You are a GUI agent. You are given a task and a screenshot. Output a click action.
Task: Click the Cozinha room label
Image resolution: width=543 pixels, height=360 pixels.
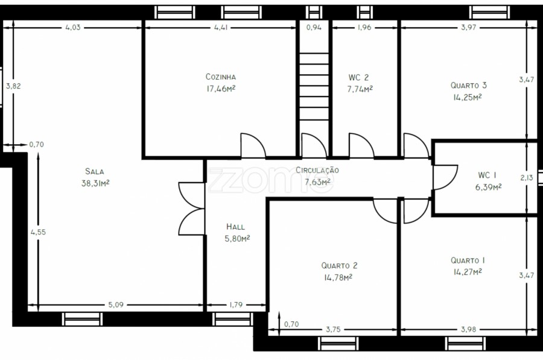pos(221,77)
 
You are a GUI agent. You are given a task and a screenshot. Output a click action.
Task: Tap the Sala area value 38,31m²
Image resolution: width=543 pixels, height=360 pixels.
pos(95,183)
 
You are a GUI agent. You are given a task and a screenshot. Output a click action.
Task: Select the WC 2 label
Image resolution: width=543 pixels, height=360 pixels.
pos(358,78)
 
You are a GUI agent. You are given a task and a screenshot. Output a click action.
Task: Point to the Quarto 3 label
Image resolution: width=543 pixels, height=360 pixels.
pos(469,85)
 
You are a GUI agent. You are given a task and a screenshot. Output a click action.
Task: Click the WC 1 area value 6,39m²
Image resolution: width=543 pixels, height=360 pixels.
pos(488,188)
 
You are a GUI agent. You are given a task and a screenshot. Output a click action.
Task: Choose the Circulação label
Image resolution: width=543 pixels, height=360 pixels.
pos(317,170)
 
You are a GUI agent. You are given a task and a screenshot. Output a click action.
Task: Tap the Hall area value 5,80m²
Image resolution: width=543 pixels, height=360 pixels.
pos(237,239)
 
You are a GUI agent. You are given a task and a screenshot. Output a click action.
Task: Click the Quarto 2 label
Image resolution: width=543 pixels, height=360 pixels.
pos(339,265)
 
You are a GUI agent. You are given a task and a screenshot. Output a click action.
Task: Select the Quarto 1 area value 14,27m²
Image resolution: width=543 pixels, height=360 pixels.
pos(468,272)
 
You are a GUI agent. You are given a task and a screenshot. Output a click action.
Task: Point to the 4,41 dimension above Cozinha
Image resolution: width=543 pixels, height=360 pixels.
pos(221,27)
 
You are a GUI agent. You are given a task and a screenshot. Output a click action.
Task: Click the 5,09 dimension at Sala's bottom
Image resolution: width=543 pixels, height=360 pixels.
pos(116,305)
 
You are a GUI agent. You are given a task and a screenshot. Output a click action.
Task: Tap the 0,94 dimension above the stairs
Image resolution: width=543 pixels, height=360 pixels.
pos(314,27)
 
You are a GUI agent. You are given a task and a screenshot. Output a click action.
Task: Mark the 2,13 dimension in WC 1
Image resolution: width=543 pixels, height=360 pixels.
pos(526,177)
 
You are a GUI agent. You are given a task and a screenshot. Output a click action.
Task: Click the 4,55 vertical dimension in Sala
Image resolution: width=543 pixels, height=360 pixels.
pos(38,232)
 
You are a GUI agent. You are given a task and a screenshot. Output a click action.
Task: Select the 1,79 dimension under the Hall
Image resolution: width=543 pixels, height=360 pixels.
pos(236,305)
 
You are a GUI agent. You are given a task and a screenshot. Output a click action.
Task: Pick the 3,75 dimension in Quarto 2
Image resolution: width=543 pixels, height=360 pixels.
pos(333,329)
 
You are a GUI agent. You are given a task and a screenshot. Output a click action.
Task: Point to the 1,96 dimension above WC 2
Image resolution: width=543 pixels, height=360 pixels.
pos(364,27)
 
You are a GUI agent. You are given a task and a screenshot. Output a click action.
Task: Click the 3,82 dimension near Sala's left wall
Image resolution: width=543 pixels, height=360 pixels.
pos(13,86)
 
